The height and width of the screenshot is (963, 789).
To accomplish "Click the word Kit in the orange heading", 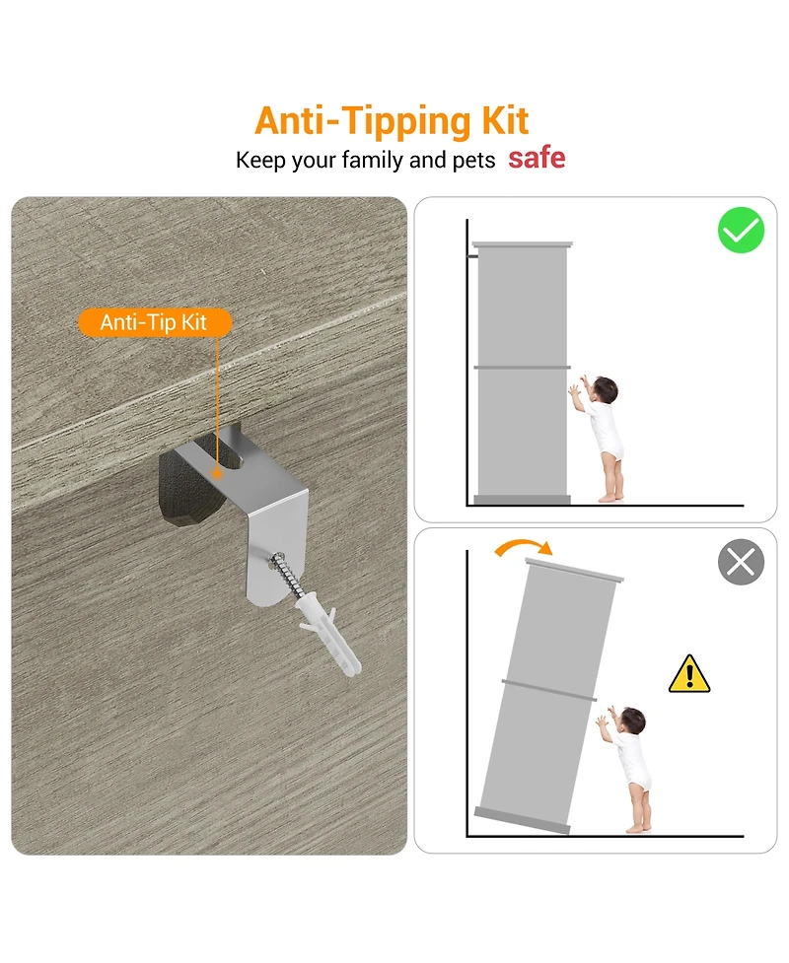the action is click(x=505, y=121).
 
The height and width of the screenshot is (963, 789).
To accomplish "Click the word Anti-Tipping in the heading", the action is click(x=363, y=122).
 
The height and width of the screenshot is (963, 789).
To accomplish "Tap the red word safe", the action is click(x=537, y=159).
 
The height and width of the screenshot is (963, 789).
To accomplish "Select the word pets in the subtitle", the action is click(x=473, y=161).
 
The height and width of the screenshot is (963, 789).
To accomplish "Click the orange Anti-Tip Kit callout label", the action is click(x=154, y=322).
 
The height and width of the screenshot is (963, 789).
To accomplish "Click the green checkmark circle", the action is click(x=741, y=230).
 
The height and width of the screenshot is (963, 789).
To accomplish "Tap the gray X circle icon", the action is click(x=741, y=562).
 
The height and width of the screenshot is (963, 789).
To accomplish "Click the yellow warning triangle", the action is click(x=689, y=674).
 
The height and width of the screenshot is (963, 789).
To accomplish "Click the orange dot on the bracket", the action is click(x=216, y=473).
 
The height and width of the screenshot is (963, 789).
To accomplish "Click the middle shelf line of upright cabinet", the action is click(x=523, y=368).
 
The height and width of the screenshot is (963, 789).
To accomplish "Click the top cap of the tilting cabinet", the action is click(x=574, y=570).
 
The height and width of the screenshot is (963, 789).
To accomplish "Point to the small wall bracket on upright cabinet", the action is click(x=473, y=255).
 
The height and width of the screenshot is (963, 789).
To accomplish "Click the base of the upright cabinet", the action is click(x=523, y=500).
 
